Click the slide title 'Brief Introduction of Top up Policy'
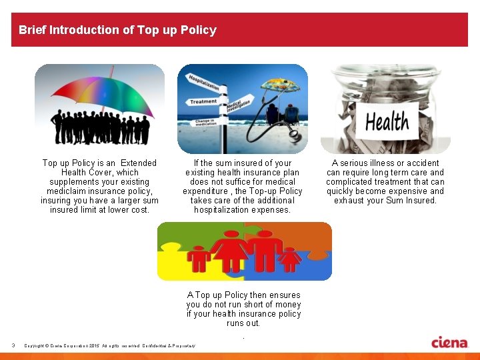(117, 30)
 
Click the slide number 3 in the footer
(13, 345)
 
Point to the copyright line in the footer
(109, 345)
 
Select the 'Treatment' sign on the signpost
(203, 101)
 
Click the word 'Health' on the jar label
(387, 122)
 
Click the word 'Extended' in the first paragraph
(138, 163)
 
